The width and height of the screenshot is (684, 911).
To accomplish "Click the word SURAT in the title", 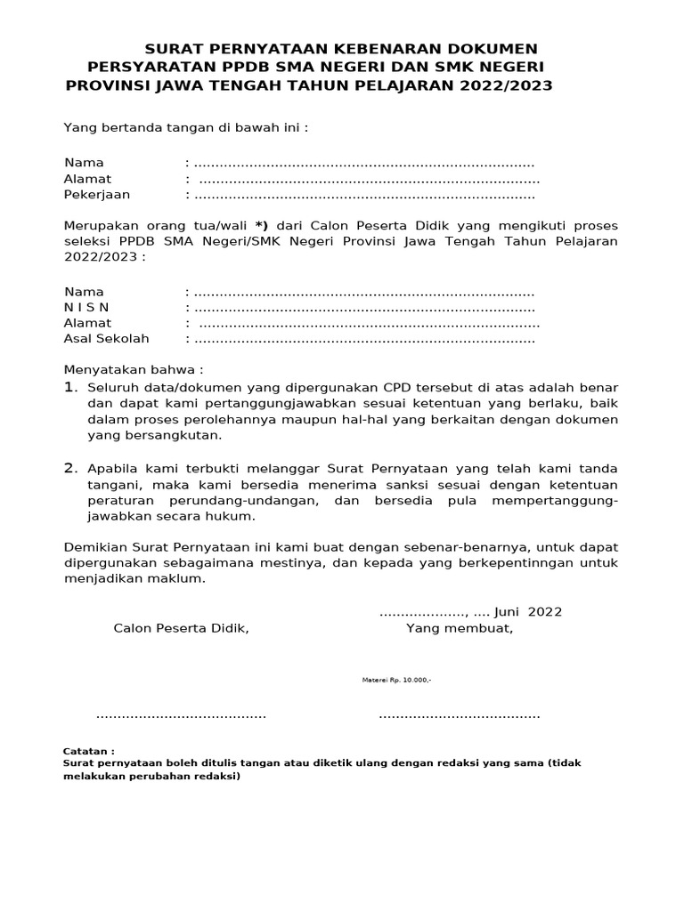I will pos(175,48).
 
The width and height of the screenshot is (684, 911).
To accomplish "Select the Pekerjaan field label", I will pos(97,195).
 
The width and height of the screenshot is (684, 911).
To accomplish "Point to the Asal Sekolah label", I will pos(106,339).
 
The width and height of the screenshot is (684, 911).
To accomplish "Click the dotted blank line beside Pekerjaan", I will pos(364,196).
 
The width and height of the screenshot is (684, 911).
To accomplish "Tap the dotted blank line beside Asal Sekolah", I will pos(364,340).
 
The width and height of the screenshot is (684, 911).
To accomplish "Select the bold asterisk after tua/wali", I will pos(261,226).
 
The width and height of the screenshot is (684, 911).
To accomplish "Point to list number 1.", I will pos(70,388).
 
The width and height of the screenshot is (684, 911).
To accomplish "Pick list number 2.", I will pos(70,468).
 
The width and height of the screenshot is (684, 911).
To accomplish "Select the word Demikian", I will pos(94,546).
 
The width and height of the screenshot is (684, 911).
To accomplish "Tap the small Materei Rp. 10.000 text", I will pos(396,680).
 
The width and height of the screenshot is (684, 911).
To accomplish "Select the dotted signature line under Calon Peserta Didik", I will pos(181,715).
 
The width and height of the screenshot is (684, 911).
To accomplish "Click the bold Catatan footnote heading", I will pos(89,751).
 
